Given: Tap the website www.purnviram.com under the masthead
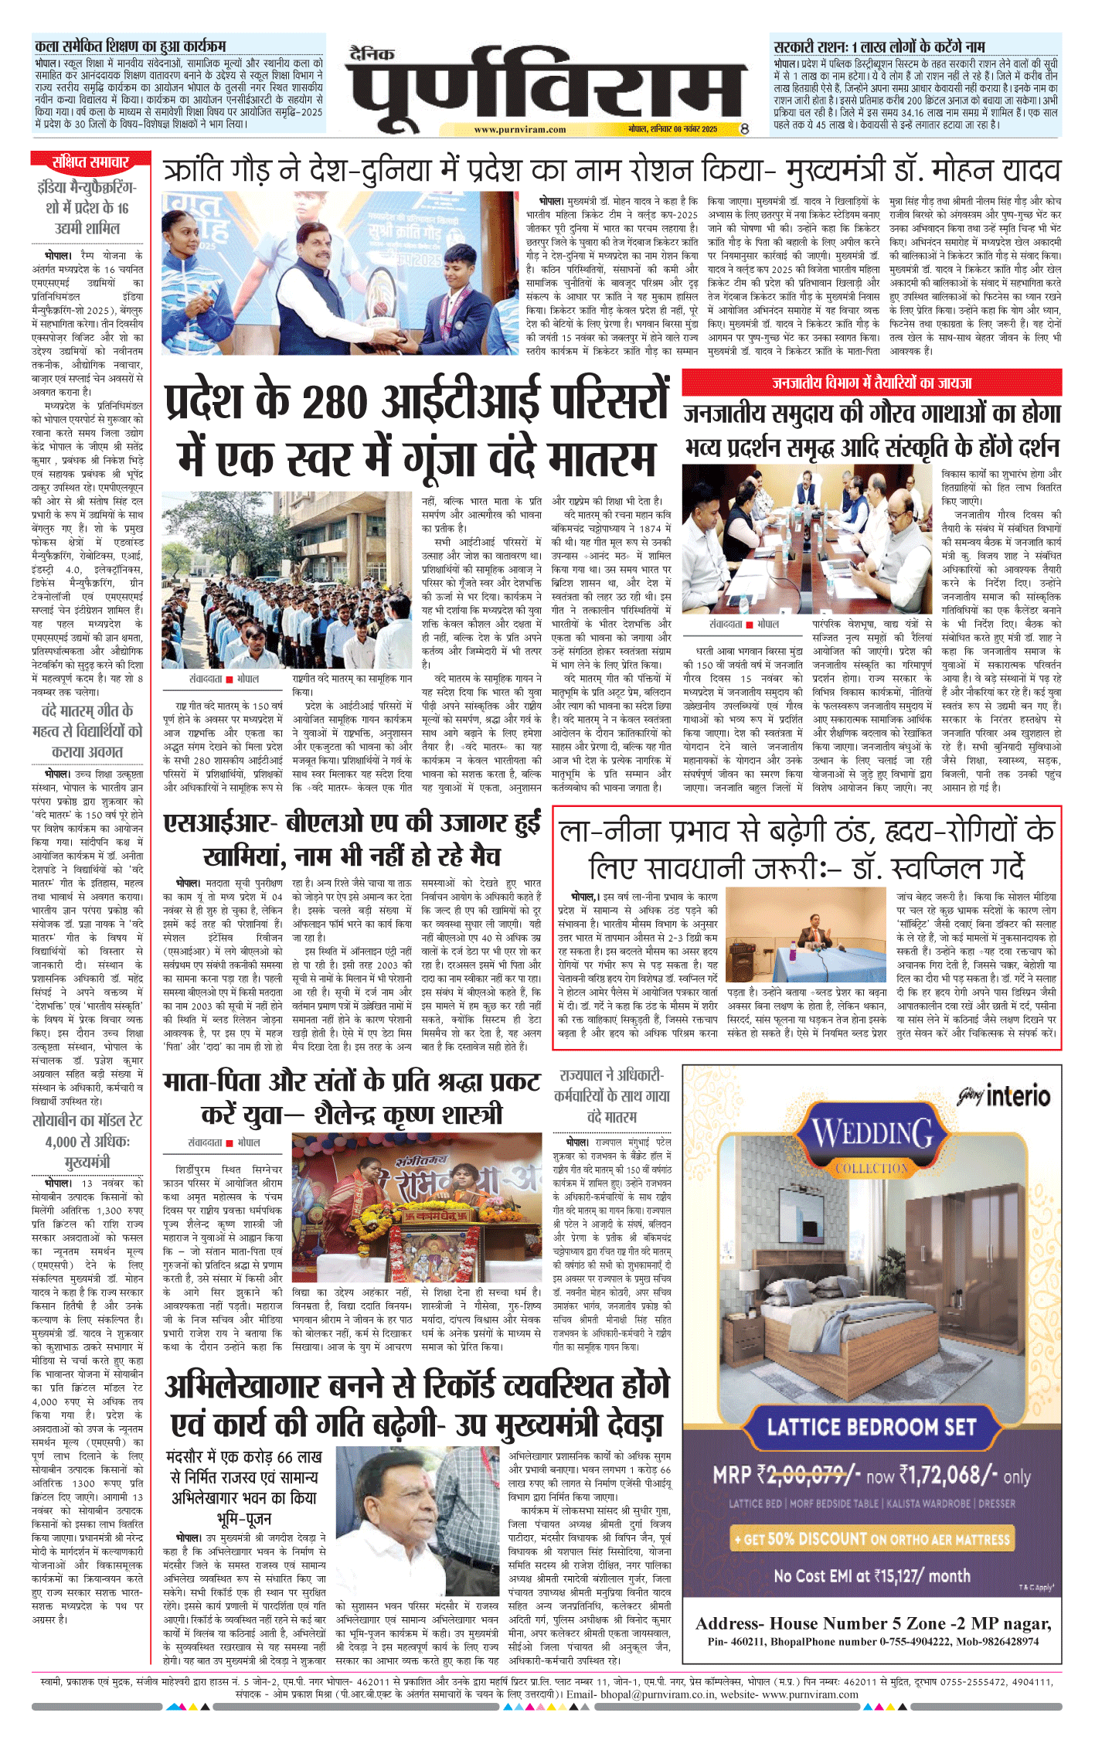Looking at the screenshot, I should [x=520, y=130].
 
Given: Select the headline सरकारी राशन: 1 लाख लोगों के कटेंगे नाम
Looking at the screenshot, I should [x=879, y=46].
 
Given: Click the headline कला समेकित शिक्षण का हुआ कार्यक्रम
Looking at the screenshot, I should [x=131, y=46].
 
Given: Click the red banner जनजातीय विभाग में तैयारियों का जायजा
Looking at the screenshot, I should [x=872, y=383].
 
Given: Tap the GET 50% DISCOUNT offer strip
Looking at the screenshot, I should [x=872, y=1539].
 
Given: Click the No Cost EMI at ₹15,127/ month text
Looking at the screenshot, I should [x=872, y=1575].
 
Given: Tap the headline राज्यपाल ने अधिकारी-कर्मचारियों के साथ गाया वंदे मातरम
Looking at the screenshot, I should [x=611, y=1095].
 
